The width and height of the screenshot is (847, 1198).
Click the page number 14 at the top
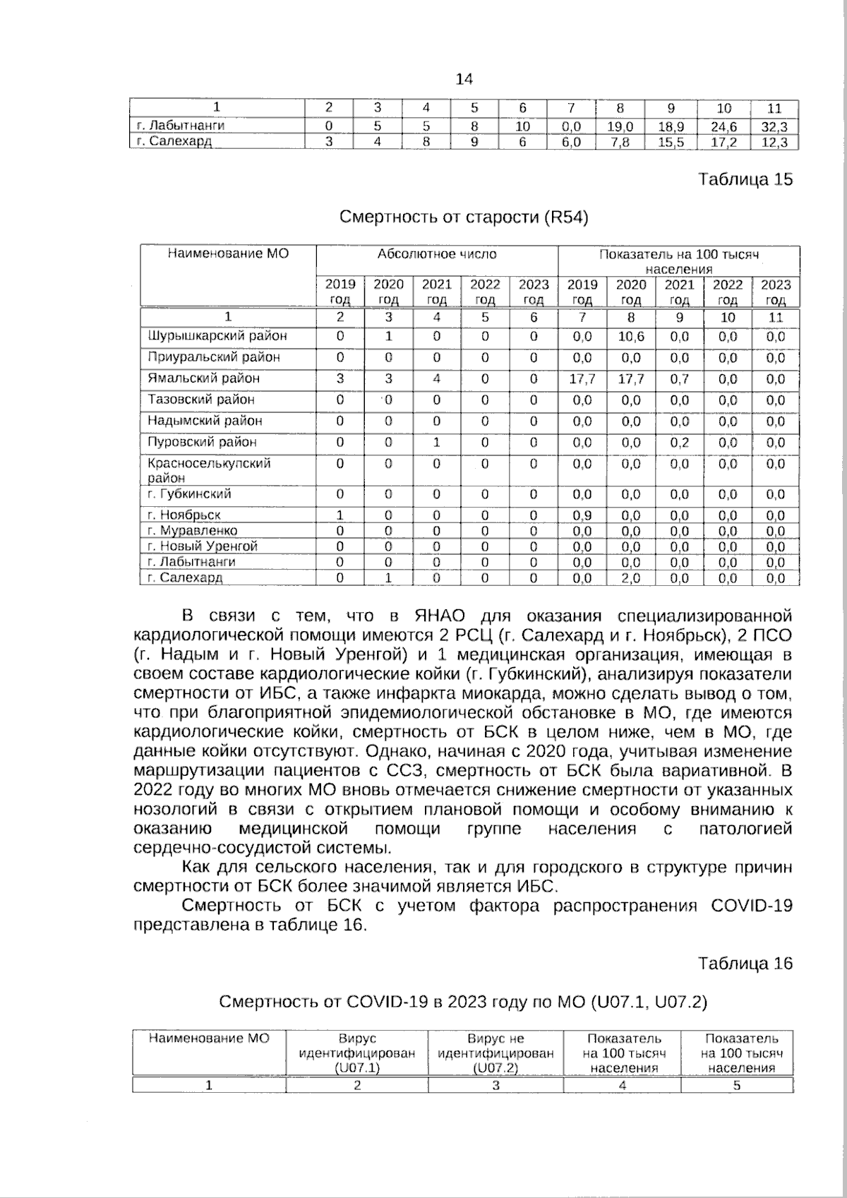pyautogui.click(x=464, y=78)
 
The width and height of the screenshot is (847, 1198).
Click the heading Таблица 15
pyautogui.click(x=745, y=179)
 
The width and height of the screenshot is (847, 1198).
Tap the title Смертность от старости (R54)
pyautogui.click(x=464, y=217)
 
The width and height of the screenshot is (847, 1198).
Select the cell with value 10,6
pyautogui.click(x=631, y=337)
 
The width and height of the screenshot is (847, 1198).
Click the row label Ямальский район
pyautogui.click(x=203, y=378)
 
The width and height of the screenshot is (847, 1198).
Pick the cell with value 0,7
pyautogui.click(x=679, y=379)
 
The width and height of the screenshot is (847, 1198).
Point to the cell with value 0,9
pyautogui.click(x=582, y=515)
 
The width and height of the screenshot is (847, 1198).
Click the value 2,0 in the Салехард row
pyautogui.click(x=631, y=578)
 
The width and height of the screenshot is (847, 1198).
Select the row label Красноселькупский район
pyautogui.click(x=208, y=469)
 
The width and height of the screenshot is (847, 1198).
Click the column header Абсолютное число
pyautogui.click(x=437, y=254)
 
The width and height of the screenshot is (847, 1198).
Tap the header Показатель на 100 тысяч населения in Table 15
pyautogui.click(x=678, y=261)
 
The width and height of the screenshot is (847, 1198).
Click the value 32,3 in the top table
pyautogui.click(x=774, y=127)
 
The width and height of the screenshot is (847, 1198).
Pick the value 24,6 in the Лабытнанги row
pyautogui.click(x=723, y=127)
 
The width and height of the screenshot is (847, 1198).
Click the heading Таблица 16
pyautogui.click(x=745, y=964)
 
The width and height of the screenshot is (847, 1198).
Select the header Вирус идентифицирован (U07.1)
pyautogui.click(x=357, y=1053)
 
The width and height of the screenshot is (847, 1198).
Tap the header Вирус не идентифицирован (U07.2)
pyautogui.click(x=495, y=1053)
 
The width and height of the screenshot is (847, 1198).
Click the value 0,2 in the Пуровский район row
pyautogui.click(x=679, y=443)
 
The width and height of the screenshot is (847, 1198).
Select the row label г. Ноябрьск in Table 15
pyautogui.click(x=184, y=515)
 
